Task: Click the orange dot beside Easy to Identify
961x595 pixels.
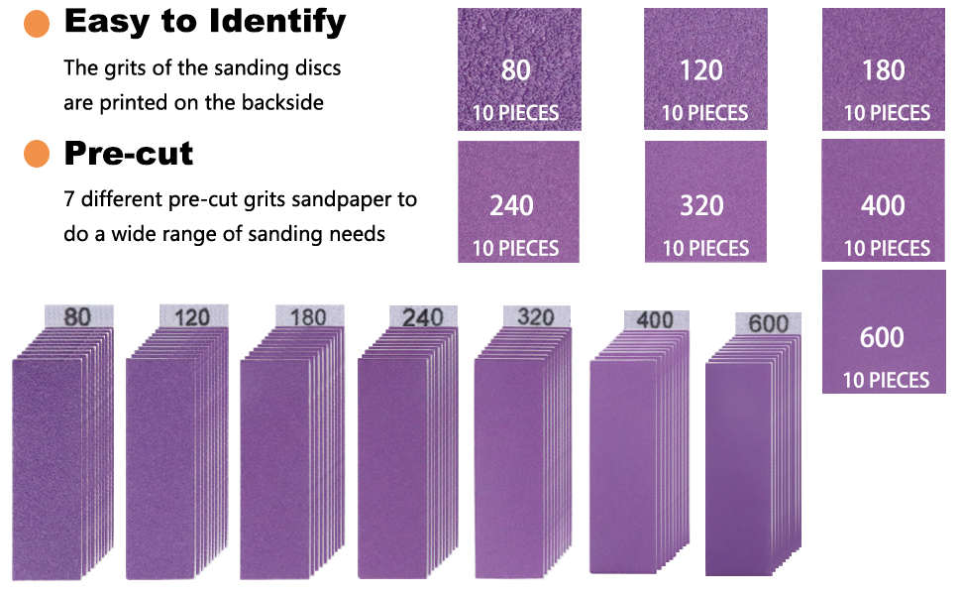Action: pyautogui.click(x=36, y=24)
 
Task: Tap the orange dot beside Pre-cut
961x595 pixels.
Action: pyautogui.click(x=36, y=154)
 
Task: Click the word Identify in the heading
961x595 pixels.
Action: pyautogui.click(x=277, y=22)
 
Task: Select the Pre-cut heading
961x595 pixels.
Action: pyautogui.click(x=129, y=154)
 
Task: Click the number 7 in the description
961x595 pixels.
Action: pyautogui.click(x=69, y=199)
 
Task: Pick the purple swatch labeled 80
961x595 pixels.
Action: pyautogui.click(x=519, y=69)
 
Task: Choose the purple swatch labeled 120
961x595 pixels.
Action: pyautogui.click(x=705, y=69)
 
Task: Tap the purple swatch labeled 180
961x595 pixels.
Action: pyautogui.click(x=884, y=69)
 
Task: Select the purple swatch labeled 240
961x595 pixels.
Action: pyautogui.click(x=518, y=202)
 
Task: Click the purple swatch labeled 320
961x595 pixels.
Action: pyautogui.click(x=705, y=202)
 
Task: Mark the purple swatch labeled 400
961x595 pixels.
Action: pyautogui.click(x=883, y=200)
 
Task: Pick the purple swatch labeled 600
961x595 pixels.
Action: pyautogui.click(x=884, y=332)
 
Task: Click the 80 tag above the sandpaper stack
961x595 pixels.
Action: pyautogui.click(x=78, y=316)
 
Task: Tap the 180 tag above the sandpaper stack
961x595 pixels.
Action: pyautogui.click(x=309, y=316)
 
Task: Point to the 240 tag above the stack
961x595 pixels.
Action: pyautogui.click(x=423, y=317)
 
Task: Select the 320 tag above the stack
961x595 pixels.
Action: pyautogui.click(x=536, y=316)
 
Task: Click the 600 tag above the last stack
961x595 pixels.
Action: pyautogui.click(x=768, y=323)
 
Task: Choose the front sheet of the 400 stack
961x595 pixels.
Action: pyautogui.click(x=624, y=467)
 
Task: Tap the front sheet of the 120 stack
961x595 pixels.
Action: pyautogui.click(x=160, y=469)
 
